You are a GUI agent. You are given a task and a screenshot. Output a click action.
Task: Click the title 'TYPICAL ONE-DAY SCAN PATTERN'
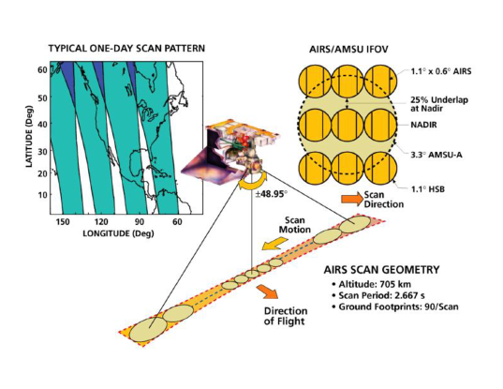coord(126,49)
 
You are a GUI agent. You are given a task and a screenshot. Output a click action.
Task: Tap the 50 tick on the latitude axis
coord(43,97)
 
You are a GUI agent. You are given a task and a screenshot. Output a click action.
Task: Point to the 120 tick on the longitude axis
coord(101,222)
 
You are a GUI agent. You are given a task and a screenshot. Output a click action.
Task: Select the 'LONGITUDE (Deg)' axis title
coord(118,233)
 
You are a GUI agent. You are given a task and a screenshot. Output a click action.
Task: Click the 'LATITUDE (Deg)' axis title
coord(29,136)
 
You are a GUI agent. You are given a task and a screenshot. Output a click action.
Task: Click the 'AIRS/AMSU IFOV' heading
coord(348,50)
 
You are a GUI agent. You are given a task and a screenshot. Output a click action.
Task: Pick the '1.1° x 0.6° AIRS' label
coord(441,71)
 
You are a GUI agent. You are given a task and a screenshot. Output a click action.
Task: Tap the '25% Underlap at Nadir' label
coord(439,104)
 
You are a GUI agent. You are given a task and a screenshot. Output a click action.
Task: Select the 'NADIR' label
coord(423,125)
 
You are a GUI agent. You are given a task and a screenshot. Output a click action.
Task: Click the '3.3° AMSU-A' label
coord(436,155)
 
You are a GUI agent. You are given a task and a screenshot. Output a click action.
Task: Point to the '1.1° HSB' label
coord(428,189)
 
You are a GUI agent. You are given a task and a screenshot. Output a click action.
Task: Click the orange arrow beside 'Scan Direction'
coord(352,199)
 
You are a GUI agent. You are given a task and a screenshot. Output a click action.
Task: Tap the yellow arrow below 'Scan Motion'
coord(274,244)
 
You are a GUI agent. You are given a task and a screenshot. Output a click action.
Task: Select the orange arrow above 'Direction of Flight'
coord(267,292)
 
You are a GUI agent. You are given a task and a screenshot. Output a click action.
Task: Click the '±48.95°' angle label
coord(271,195)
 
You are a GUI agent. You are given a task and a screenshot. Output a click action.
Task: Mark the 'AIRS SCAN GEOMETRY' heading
coord(381,270)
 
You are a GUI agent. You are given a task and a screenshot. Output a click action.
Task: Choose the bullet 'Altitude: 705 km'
coord(372,284)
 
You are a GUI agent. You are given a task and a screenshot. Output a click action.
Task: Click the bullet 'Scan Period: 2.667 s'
coord(378,295)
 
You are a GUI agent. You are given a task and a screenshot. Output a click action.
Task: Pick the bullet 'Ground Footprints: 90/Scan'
coord(395,307)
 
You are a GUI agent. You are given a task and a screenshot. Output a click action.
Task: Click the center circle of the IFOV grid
coord(348,125)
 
